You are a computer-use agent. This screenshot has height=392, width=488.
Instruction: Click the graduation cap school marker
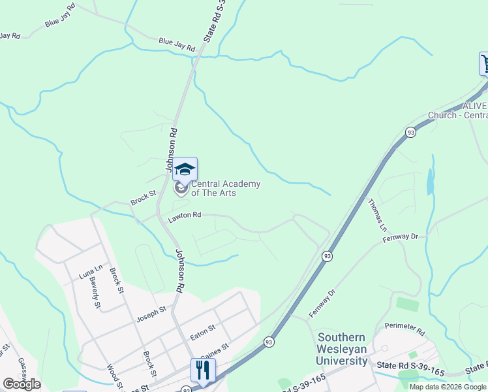tap(185, 169)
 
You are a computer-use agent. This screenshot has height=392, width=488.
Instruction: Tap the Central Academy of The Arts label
tap(225, 189)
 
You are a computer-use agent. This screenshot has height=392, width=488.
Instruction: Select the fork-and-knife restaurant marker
tap(203, 370)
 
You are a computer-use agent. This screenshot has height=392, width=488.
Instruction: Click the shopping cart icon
tap(485, 63)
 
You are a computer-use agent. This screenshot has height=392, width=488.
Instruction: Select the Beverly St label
tap(95, 292)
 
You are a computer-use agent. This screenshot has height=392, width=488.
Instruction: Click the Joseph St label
tap(151, 315)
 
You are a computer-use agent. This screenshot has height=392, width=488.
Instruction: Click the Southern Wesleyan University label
tap(342, 349)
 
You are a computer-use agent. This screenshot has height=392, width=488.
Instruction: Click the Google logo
tap(22, 384)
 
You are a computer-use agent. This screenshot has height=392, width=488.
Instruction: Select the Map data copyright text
tap(447, 387)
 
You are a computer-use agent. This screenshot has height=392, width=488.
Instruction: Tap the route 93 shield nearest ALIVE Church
tap(410, 131)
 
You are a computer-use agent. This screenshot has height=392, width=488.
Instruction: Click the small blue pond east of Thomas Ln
tap(430, 182)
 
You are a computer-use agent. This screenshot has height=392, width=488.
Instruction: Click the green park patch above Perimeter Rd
tap(406, 304)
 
